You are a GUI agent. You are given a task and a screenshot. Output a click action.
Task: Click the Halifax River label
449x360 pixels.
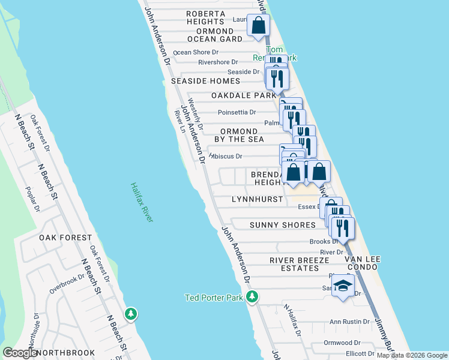click(x=142, y=203)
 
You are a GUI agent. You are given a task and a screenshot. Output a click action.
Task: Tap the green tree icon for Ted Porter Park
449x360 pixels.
click(x=253, y=297)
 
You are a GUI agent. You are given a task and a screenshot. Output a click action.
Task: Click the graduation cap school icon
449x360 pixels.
click(x=343, y=286)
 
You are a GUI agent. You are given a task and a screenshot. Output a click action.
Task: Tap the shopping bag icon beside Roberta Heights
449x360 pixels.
click(x=259, y=27)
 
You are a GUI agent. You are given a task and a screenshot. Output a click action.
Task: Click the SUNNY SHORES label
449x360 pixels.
click(x=282, y=225)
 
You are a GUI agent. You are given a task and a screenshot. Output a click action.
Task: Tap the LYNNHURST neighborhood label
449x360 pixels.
click(x=256, y=199)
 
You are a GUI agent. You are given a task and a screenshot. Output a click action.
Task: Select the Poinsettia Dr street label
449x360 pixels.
click(x=237, y=112)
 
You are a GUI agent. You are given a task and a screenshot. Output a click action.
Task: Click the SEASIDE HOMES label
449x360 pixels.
click(x=206, y=81)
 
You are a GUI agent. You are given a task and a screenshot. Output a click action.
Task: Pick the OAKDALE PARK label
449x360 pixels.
click(x=244, y=95)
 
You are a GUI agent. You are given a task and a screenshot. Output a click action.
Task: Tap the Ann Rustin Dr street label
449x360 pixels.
click(x=349, y=322)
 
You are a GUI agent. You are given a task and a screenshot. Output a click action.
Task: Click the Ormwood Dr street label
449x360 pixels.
click(x=341, y=343)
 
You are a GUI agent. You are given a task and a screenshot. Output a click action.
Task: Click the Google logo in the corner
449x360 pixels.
click(x=20, y=353)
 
